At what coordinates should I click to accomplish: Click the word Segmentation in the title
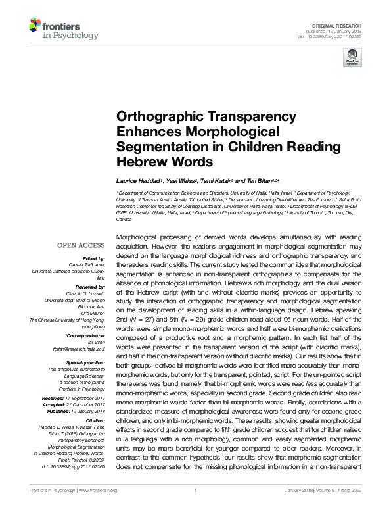point(157,146)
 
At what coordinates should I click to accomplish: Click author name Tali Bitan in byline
point(264,180)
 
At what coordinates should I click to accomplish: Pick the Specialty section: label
point(87,362)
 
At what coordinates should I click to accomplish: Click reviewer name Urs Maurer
point(94,314)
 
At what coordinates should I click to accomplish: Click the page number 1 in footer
point(196,508)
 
